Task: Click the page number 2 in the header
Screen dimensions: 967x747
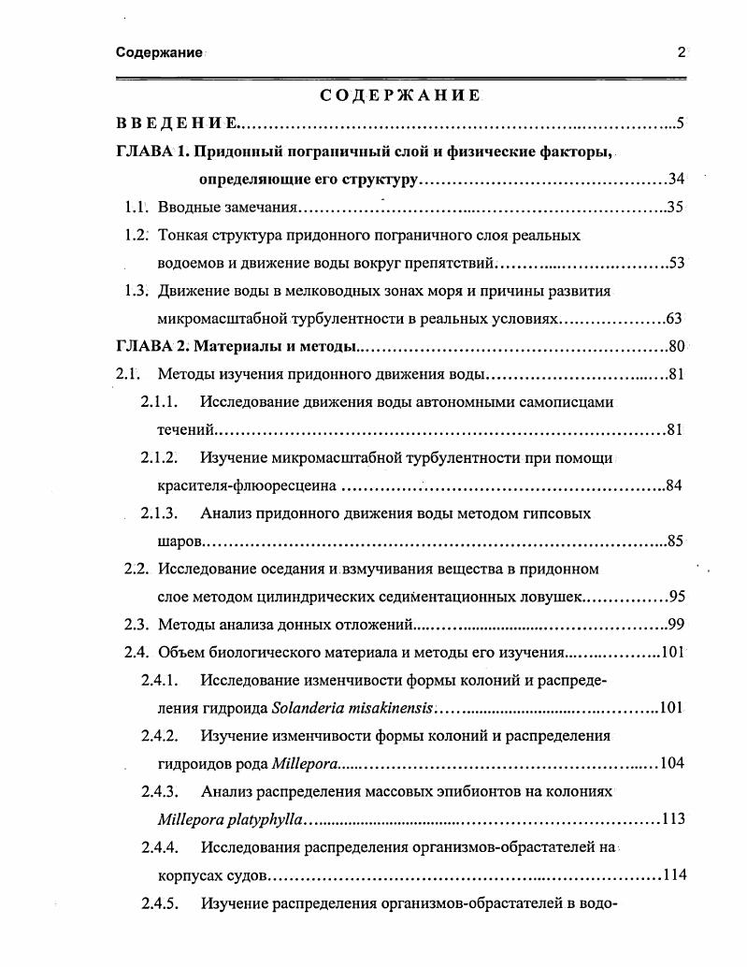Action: click(682, 52)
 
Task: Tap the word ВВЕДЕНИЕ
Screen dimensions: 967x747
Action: click(177, 123)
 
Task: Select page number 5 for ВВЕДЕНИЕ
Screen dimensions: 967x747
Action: click(681, 123)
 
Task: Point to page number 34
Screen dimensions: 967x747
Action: click(677, 180)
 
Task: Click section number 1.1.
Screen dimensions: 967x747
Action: click(136, 208)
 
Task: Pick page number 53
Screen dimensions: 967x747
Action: click(676, 263)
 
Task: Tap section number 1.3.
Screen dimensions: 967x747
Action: click(136, 291)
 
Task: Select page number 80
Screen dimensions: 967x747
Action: click(677, 347)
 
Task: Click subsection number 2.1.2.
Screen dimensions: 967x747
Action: click(159, 457)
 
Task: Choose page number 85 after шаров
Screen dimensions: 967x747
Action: click(676, 541)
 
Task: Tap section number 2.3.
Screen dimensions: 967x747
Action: click(136, 624)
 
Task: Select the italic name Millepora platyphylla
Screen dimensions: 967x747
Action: click(231, 819)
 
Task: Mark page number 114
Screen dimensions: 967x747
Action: click(673, 874)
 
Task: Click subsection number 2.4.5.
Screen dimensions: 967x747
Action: click(159, 903)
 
